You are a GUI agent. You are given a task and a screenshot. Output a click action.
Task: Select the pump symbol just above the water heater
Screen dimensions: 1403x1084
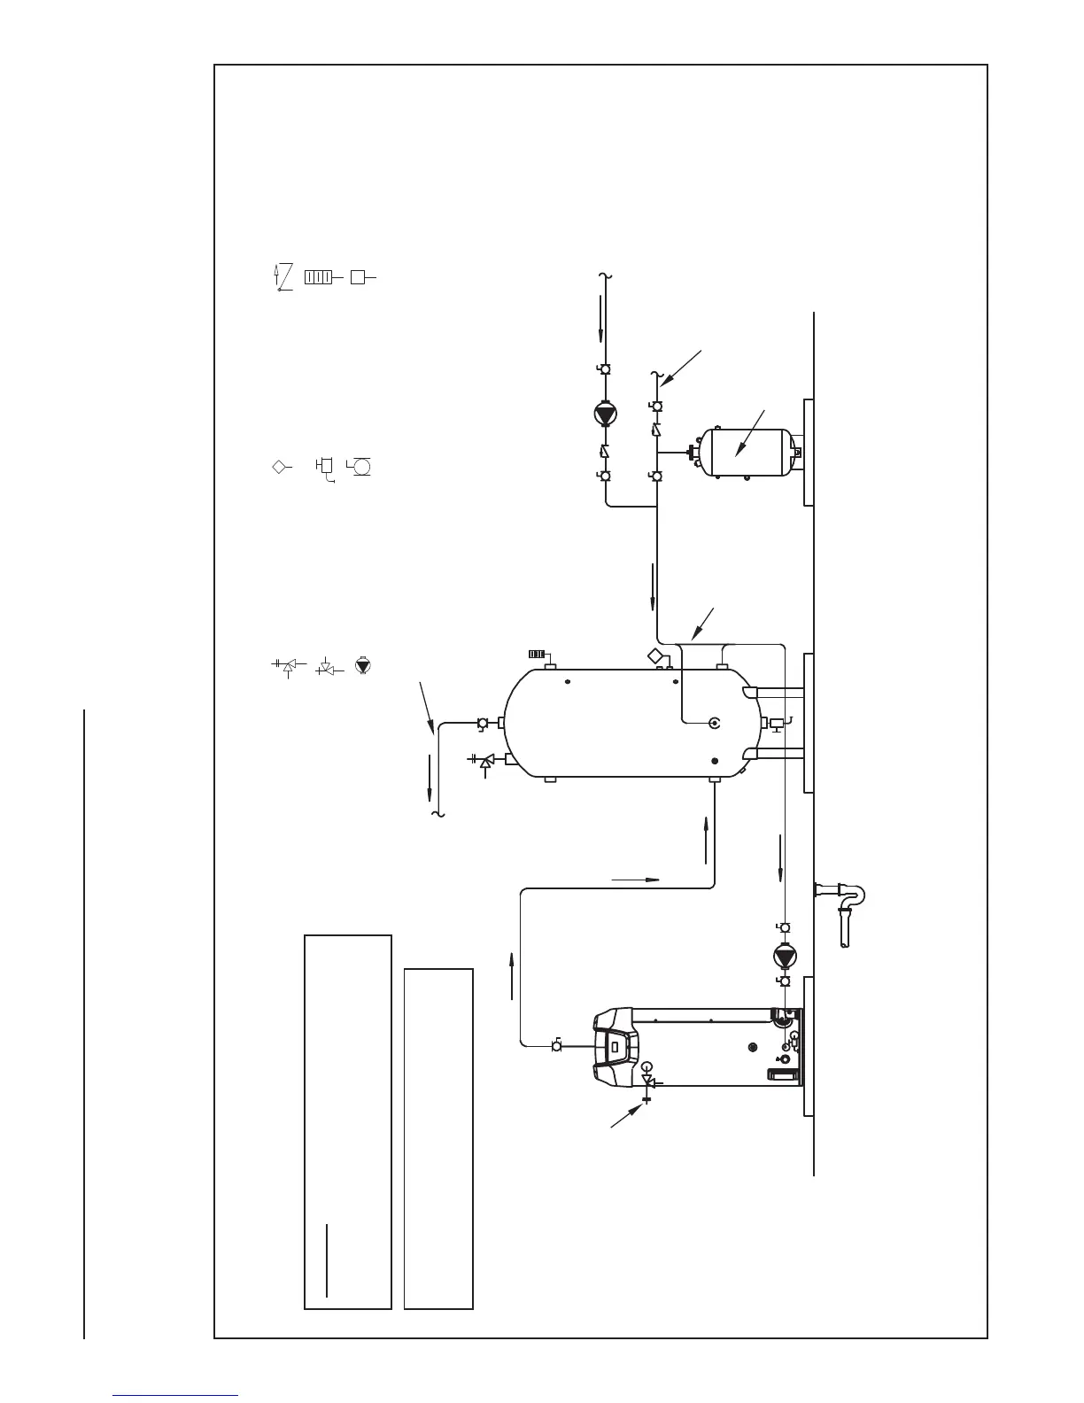(783, 957)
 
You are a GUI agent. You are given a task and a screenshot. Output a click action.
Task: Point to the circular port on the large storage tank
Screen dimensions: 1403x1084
(715, 724)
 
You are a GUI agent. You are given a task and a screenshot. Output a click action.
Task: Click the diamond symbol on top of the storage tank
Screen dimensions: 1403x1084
(656, 655)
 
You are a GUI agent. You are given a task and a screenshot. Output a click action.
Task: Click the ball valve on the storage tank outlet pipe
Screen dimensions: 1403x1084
(483, 723)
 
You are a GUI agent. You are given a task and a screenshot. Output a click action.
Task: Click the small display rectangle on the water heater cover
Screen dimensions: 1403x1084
(613, 1051)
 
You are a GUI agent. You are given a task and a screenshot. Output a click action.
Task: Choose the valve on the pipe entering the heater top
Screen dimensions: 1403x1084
(556, 1045)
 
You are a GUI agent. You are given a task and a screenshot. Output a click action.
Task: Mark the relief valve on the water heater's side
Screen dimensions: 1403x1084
(647, 1082)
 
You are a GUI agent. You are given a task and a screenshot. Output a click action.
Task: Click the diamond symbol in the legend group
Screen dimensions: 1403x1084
(279, 467)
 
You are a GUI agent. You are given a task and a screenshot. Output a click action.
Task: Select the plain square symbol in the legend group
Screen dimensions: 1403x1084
(357, 276)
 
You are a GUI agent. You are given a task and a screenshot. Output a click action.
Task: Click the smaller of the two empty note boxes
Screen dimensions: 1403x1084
(438, 1138)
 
